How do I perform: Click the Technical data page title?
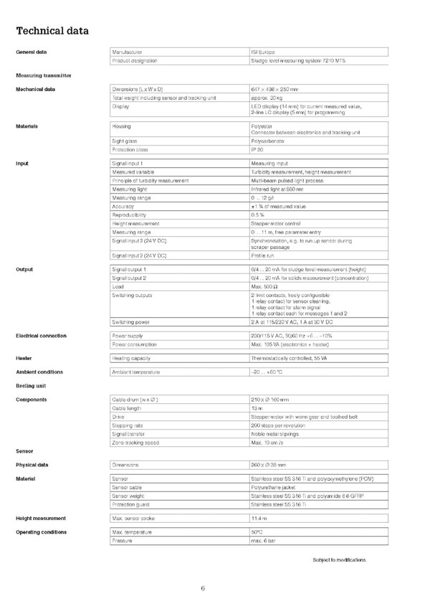click(52, 31)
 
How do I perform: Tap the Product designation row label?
click(137, 61)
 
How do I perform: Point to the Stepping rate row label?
click(128, 425)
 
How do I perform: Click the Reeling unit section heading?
click(31, 385)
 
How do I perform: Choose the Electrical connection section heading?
click(41, 336)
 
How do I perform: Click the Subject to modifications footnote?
click(340, 559)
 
